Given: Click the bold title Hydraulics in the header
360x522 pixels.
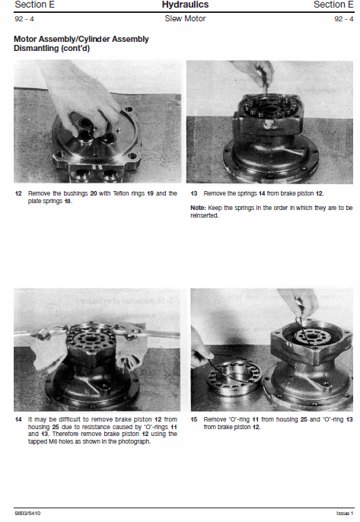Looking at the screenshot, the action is tap(185, 5).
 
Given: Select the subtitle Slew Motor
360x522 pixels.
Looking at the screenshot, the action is tap(185, 18).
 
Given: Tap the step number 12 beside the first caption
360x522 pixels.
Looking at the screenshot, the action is tap(18, 193).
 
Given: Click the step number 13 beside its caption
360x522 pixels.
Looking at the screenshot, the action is tap(194, 193).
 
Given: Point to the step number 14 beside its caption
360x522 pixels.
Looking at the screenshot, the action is tap(18, 419).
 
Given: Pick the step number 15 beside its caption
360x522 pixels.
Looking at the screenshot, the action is tap(194, 419).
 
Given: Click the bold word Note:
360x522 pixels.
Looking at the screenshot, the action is tap(198, 208).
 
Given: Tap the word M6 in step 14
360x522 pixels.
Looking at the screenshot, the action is tap(53, 442).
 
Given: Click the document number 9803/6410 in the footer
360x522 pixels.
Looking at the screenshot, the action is tap(27, 514).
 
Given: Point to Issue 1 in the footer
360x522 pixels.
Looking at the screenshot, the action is tap(345, 514).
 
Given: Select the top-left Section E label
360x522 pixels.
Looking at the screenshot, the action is tap(35, 5).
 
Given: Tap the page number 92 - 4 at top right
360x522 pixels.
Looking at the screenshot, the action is tap(344, 19).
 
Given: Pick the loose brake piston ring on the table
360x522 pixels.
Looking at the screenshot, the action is tap(234, 379).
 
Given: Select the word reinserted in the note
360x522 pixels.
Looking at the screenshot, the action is tap(204, 215).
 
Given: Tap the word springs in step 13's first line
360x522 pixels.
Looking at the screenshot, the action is tap(247, 194).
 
